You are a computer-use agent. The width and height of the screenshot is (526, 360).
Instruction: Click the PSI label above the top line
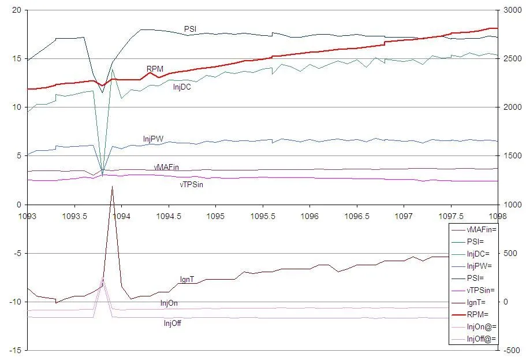tap(190, 29)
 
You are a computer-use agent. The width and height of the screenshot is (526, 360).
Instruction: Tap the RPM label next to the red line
tap(154, 69)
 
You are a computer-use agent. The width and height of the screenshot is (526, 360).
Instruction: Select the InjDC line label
tap(182, 88)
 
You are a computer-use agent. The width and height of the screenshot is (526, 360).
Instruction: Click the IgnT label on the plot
tap(186, 280)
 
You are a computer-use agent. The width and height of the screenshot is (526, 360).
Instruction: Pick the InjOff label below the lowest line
tap(173, 323)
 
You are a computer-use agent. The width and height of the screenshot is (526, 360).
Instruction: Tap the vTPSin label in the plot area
tap(191, 185)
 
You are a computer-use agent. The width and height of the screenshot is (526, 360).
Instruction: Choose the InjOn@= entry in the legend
tap(482, 327)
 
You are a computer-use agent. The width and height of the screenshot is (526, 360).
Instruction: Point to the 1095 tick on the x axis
tap(215, 214)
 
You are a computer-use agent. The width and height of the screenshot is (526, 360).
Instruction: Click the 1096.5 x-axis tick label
tap(357, 214)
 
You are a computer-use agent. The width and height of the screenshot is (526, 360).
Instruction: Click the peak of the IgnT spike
tap(112, 186)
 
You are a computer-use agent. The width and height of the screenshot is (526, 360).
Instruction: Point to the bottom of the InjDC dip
tap(102, 173)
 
